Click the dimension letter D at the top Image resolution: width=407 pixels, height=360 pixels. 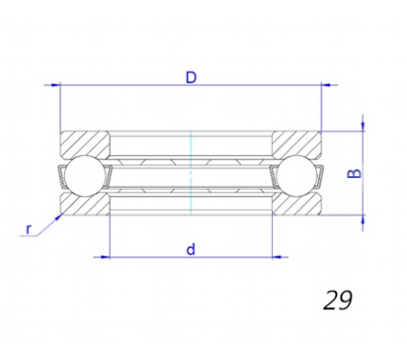click(192, 78)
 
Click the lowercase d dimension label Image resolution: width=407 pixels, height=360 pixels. click(191, 249)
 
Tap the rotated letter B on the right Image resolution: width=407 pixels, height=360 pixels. click(354, 173)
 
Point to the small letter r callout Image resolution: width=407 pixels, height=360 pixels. click(29, 229)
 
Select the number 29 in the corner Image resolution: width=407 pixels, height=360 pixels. click(338, 301)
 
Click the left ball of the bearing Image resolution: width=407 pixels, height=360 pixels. click(84, 175)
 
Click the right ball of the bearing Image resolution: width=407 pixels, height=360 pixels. click(297, 175)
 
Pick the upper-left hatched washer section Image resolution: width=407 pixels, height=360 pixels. click(85, 144)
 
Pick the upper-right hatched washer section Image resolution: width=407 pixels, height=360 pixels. click(297, 144)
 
